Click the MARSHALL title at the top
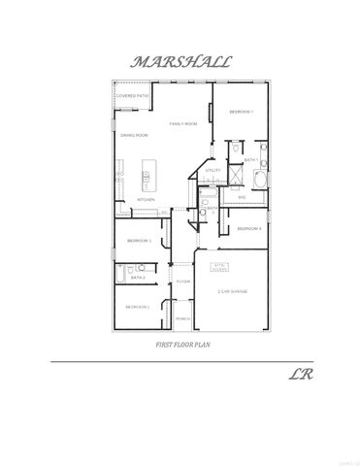point(181,61)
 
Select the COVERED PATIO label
point(132,97)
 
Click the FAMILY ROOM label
point(183,124)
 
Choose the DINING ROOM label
point(134,135)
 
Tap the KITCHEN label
point(146,200)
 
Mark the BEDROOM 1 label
point(242,113)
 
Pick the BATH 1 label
point(250,160)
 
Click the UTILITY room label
point(213,170)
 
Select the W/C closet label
point(243,197)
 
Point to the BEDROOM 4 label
point(249,228)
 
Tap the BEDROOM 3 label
point(139,240)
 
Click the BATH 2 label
point(139,278)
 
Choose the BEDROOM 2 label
point(136,307)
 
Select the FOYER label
point(181,281)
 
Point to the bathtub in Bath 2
point(118,277)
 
